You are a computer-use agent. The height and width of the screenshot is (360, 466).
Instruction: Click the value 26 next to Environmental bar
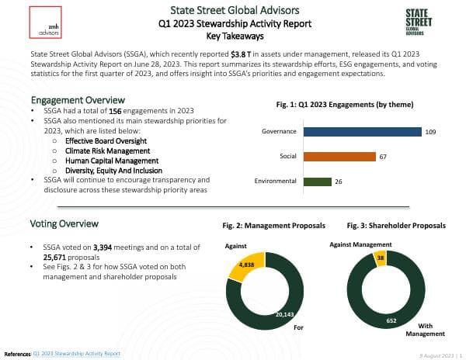(338, 182)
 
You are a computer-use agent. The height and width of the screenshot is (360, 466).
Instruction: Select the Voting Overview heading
(64, 223)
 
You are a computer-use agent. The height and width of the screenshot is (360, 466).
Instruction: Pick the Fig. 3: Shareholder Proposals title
(396, 225)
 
